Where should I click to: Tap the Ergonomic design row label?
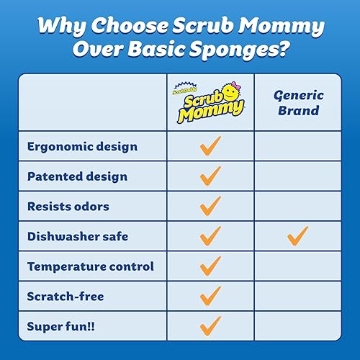pos(82,147)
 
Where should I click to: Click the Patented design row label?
pos(77,176)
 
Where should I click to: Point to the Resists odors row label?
pos(68,207)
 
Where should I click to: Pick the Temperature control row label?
pos(91,266)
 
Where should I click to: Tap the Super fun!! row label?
pos(60,325)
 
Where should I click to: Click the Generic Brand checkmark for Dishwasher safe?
pos(297,235)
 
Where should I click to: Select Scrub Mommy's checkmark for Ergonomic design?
pos(210,147)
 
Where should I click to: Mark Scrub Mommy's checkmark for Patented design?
pos(210,176)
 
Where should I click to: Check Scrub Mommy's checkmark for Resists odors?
pos(210,206)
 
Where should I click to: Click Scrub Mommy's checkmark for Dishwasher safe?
pos(210,235)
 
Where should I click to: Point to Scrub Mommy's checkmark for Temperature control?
pos(210,266)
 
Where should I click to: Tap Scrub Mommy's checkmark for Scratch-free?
pos(210,295)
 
